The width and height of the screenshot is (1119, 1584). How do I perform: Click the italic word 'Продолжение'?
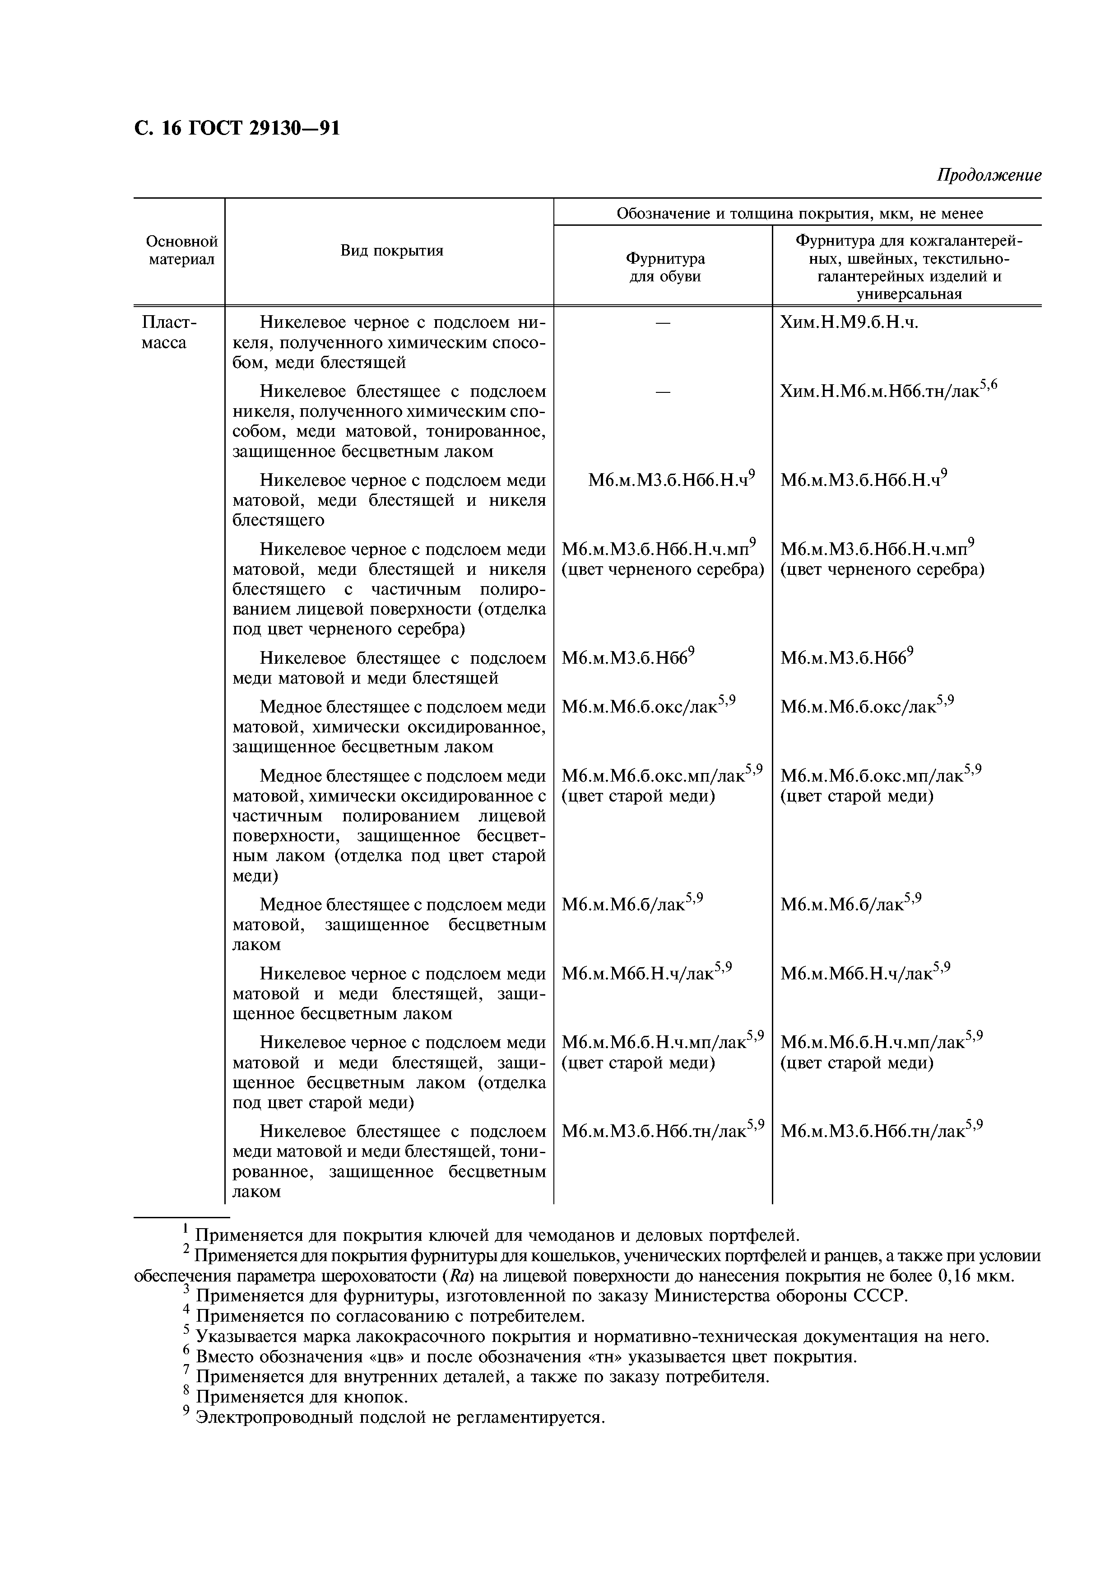pyautogui.click(x=988, y=175)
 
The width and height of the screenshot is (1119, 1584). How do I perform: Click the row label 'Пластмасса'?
pyautogui.click(x=169, y=332)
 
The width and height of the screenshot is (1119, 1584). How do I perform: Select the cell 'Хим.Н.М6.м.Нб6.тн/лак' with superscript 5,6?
pyautogui.click(x=888, y=391)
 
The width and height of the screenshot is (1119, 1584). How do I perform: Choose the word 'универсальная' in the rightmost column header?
pyautogui.click(x=908, y=294)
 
